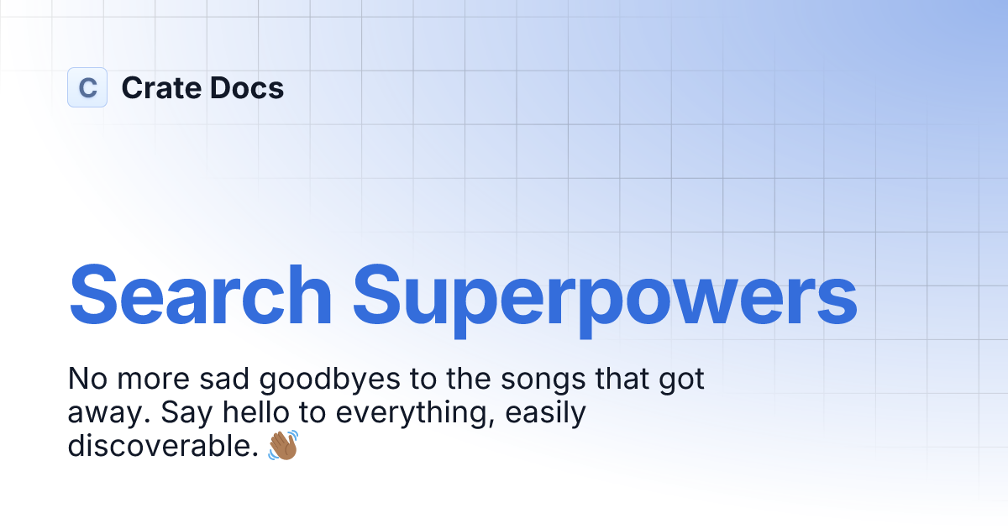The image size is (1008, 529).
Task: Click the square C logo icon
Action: (x=87, y=87)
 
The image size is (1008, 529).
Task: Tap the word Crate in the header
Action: (x=160, y=88)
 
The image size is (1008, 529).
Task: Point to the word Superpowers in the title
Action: (x=605, y=296)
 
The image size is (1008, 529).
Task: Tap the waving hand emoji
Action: (x=283, y=446)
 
